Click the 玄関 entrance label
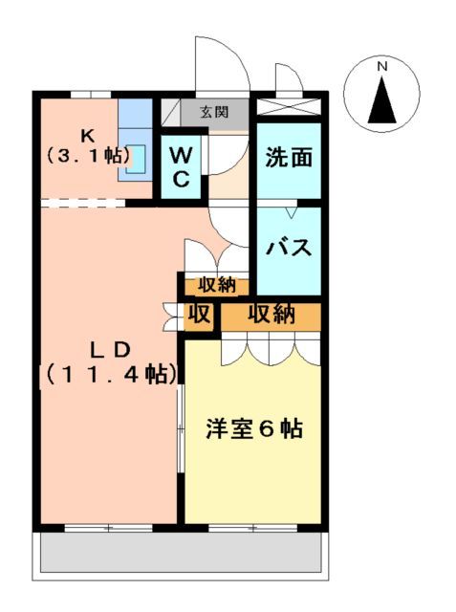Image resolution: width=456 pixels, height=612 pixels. pyautogui.click(x=214, y=111)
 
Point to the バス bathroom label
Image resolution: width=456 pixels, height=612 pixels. pyautogui.click(x=289, y=248)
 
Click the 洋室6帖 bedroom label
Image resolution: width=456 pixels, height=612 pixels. pyautogui.click(x=254, y=429)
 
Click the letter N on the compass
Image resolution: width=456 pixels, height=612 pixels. pyautogui.click(x=381, y=67)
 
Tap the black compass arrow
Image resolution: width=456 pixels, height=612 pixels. pyautogui.click(x=381, y=100)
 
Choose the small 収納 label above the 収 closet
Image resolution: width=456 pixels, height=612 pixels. pyautogui.click(x=217, y=284)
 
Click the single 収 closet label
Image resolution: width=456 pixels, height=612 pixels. pyautogui.click(x=198, y=315)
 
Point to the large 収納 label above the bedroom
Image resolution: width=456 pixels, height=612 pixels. pyautogui.click(x=271, y=315)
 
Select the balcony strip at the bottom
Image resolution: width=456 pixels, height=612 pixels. pyautogui.click(x=182, y=554)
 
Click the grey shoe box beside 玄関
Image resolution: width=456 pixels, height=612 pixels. pyautogui.click(x=170, y=112)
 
